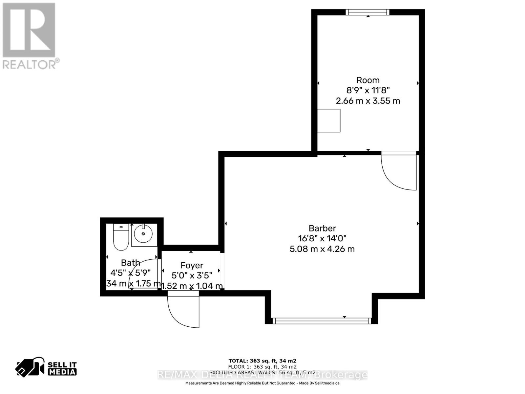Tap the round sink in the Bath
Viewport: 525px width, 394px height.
[143, 234]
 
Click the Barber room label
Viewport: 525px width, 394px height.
[322, 228]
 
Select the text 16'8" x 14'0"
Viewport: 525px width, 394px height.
[322, 238]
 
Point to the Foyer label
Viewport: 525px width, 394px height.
[192, 265]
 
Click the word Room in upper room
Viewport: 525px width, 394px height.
[368, 80]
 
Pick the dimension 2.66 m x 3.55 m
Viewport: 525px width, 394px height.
[368, 101]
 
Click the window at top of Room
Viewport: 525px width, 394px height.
[367, 12]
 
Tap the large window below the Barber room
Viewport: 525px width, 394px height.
[322, 321]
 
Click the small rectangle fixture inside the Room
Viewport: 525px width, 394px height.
[329, 121]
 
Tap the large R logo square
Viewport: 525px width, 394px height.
[29, 30]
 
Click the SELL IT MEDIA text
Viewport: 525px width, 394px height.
[62, 368]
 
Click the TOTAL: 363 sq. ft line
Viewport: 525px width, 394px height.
[262, 361]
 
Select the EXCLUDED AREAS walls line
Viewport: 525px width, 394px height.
[262, 373]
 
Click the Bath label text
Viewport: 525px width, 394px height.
[131, 263]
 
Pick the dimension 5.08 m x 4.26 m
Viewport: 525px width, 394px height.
[322, 249]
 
